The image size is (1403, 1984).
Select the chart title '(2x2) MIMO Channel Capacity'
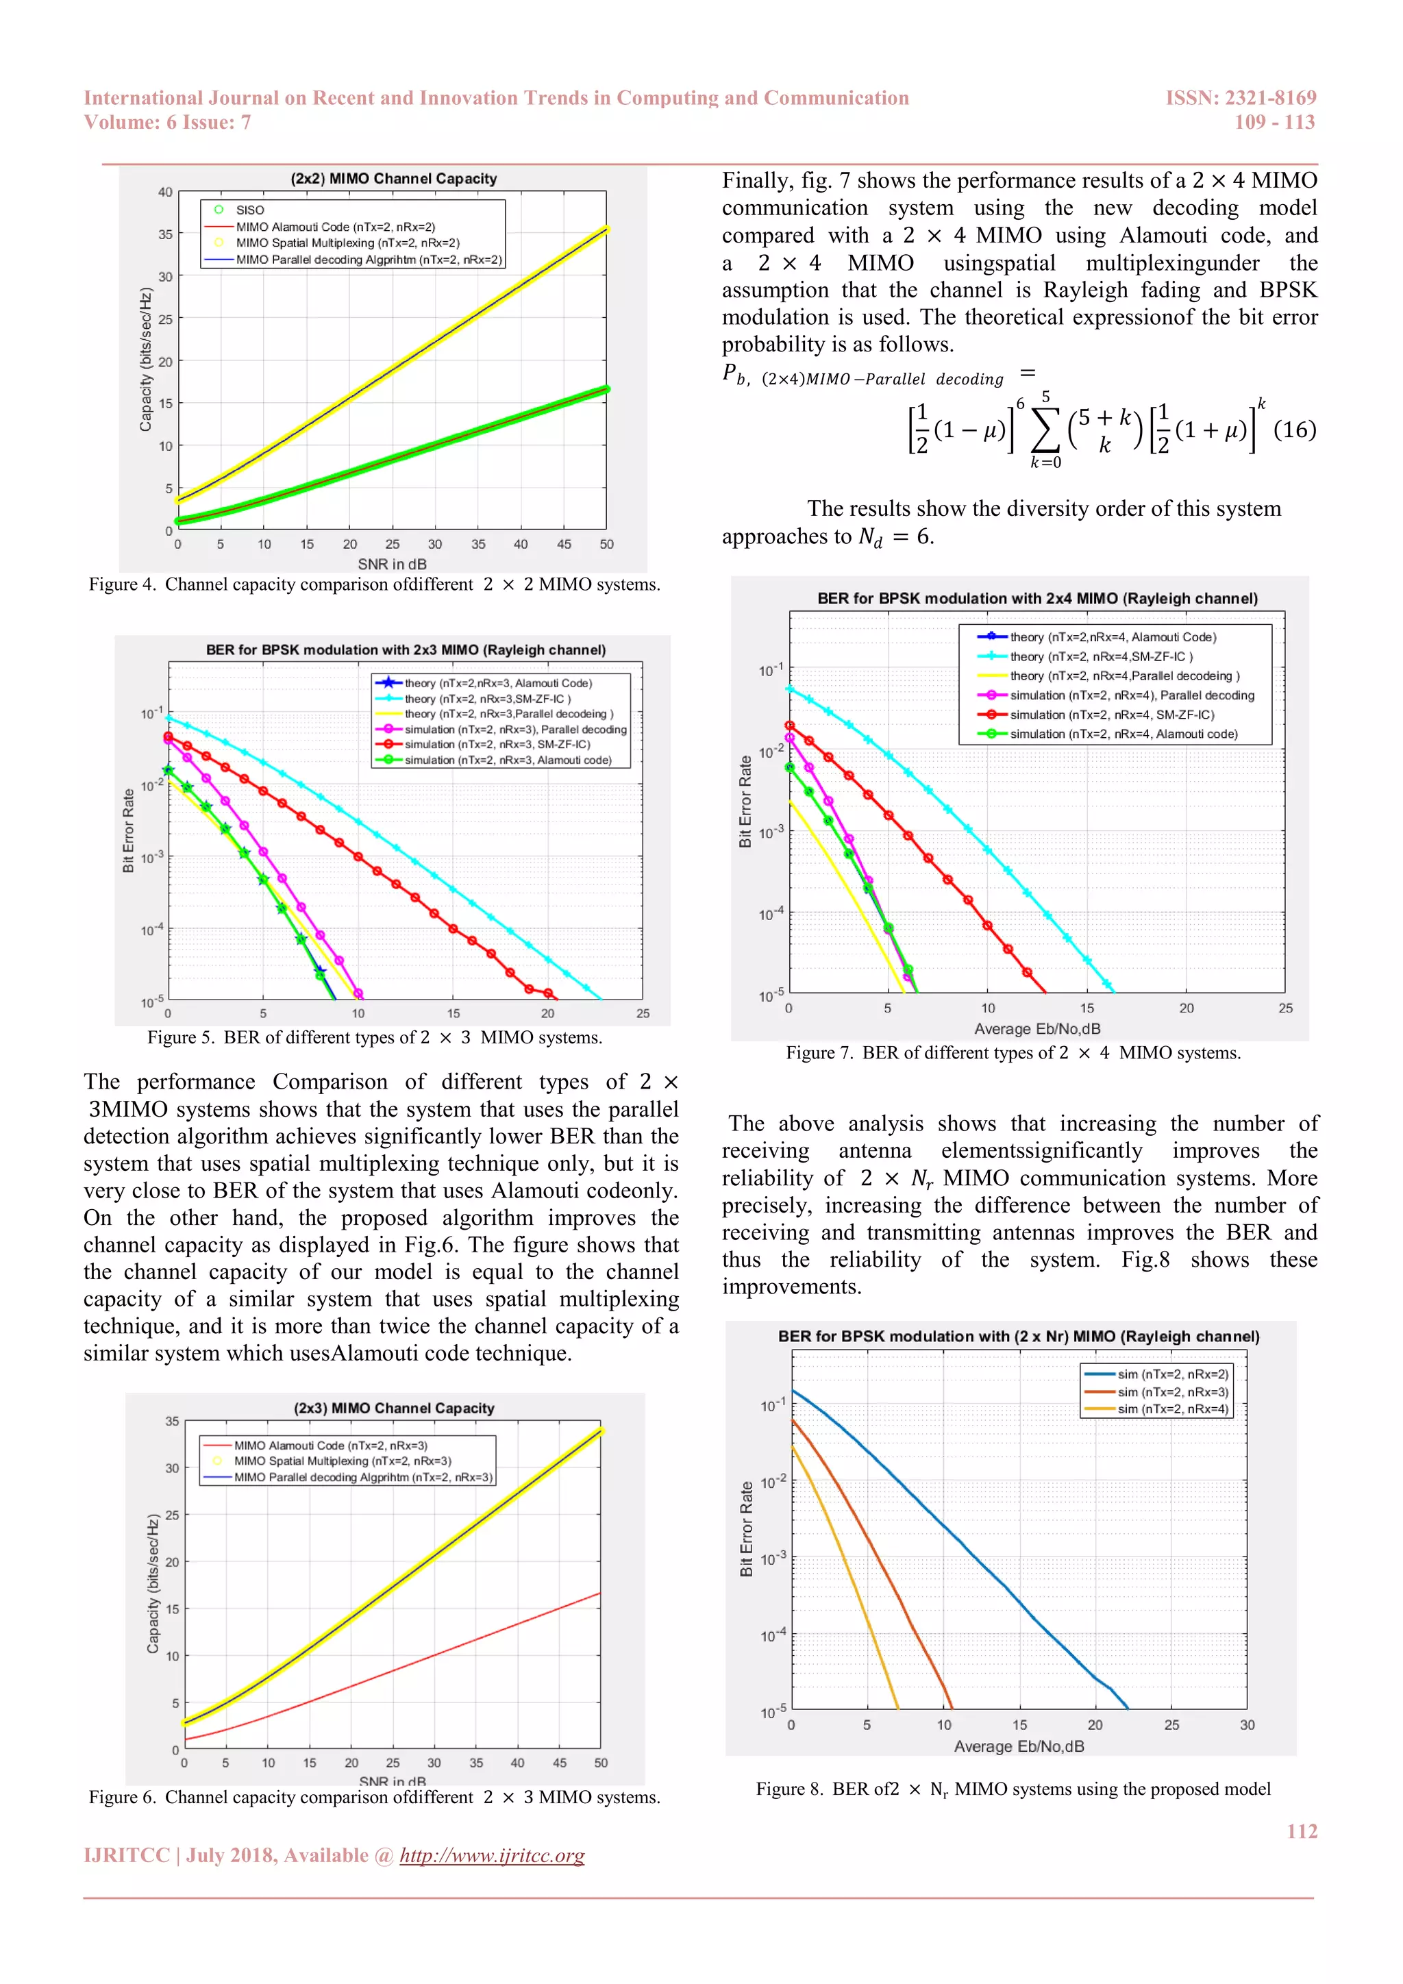tap(393, 179)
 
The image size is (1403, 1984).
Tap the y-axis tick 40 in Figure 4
tap(165, 192)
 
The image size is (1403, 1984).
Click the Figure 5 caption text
tap(374, 1037)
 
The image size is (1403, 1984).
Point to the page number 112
tap(1301, 1831)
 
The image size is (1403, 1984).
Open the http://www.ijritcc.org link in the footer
tap(492, 1855)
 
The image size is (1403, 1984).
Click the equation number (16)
tap(1294, 430)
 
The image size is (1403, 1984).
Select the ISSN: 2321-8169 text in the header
tap(1241, 98)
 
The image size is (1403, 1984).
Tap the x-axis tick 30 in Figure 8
tap(1247, 1725)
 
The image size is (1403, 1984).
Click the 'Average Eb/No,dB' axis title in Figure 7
tap(1036, 1028)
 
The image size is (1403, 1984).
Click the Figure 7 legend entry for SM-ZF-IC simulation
tap(1111, 715)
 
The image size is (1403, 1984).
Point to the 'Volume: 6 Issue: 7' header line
tap(168, 123)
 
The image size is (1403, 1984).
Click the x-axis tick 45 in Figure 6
tap(559, 1763)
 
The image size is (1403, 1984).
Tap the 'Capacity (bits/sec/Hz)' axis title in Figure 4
tap(145, 360)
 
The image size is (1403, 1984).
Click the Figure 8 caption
tap(1013, 1789)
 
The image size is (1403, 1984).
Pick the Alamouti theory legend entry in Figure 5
tap(497, 682)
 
